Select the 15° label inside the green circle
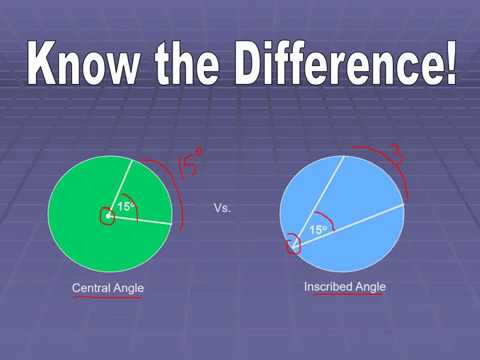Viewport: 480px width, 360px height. (x=125, y=207)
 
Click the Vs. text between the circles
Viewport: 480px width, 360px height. (x=223, y=209)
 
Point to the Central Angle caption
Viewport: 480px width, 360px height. (x=108, y=288)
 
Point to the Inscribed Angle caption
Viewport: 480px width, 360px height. (x=344, y=287)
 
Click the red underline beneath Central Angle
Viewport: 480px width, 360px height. (x=107, y=297)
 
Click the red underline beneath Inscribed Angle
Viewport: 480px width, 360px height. (x=343, y=297)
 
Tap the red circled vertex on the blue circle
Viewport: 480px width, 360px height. (x=293, y=245)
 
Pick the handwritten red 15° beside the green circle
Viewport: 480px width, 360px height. (x=191, y=160)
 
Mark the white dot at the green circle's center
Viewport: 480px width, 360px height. (x=107, y=213)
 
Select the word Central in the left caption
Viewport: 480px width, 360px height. (x=93, y=288)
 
